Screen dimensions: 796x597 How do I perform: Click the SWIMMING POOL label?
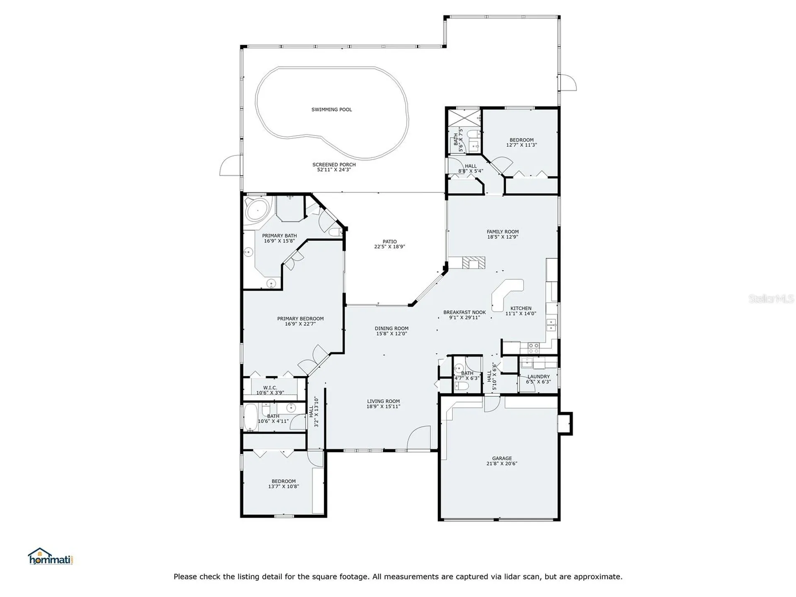pyautogui.click(x=332, y=109)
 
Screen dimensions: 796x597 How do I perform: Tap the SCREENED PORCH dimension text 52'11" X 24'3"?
pyautogui.click(x=334, y=170)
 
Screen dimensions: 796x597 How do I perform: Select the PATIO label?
pyautogui.click(x=390, y=241)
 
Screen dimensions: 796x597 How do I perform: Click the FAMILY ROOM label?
pyautogui.click(x=502, y=232)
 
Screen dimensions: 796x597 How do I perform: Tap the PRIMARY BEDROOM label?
pyautogui.click(x=300, y=319)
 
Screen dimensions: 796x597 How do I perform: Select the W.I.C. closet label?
pyautogui.click(x=270, y=388)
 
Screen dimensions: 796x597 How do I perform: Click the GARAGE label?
pyautogui.click(x=502, y=459)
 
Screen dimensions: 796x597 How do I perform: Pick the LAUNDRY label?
pyautogui.click(x=539, y=376)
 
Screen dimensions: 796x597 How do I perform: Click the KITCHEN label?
pyautogui.click(x=521, y=308)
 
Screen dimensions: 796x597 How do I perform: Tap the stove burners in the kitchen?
pyautogui.click(x=533, y=347)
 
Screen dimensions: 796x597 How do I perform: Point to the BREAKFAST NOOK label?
pyautogui.click(x=464, y=312)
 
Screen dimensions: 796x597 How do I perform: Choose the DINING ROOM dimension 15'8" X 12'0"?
pyautogui.click(x=392, y=333)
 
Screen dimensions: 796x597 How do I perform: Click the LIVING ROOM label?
pyautogui.click(x=383, y=401)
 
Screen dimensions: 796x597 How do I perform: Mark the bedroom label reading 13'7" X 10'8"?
pyautogui.click(x=284, y=486)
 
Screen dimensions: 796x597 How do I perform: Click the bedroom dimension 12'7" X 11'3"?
pyautogui.click(x=522, y=145)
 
